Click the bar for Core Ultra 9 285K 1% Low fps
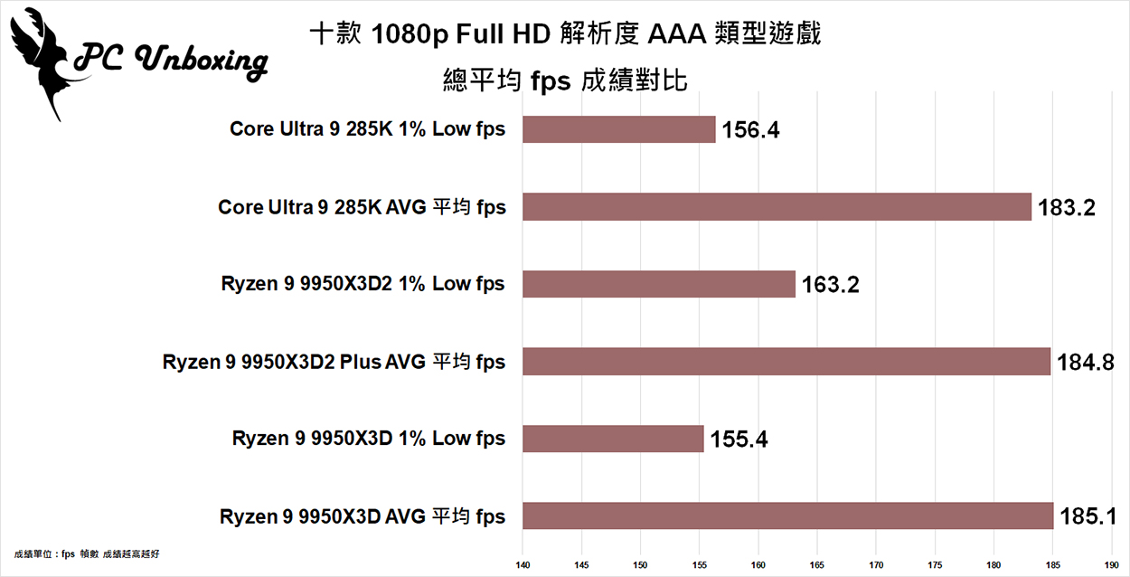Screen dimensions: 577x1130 (x=618, y=129)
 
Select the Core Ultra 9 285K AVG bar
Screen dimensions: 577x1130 (x=777, y=207)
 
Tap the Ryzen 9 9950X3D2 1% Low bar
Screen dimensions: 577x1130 (x=658, y=284)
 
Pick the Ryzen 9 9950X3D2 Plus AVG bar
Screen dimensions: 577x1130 (x=786, y=362)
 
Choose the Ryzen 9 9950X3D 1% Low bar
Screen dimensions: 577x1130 (x=612, y=440)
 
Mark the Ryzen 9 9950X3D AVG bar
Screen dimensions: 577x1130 (x=787, y=516)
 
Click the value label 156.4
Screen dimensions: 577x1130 (x=750, y=130)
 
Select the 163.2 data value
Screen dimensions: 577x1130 (x=830, y=286)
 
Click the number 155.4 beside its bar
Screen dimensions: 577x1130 (x=738, y=440)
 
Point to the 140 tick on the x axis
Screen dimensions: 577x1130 (x=523, y=567)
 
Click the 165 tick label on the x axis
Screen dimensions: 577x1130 (x=817, y=567)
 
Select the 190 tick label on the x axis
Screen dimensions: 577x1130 (x=1112, y=567)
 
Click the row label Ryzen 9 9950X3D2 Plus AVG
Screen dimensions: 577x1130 (x=334, y=362)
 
